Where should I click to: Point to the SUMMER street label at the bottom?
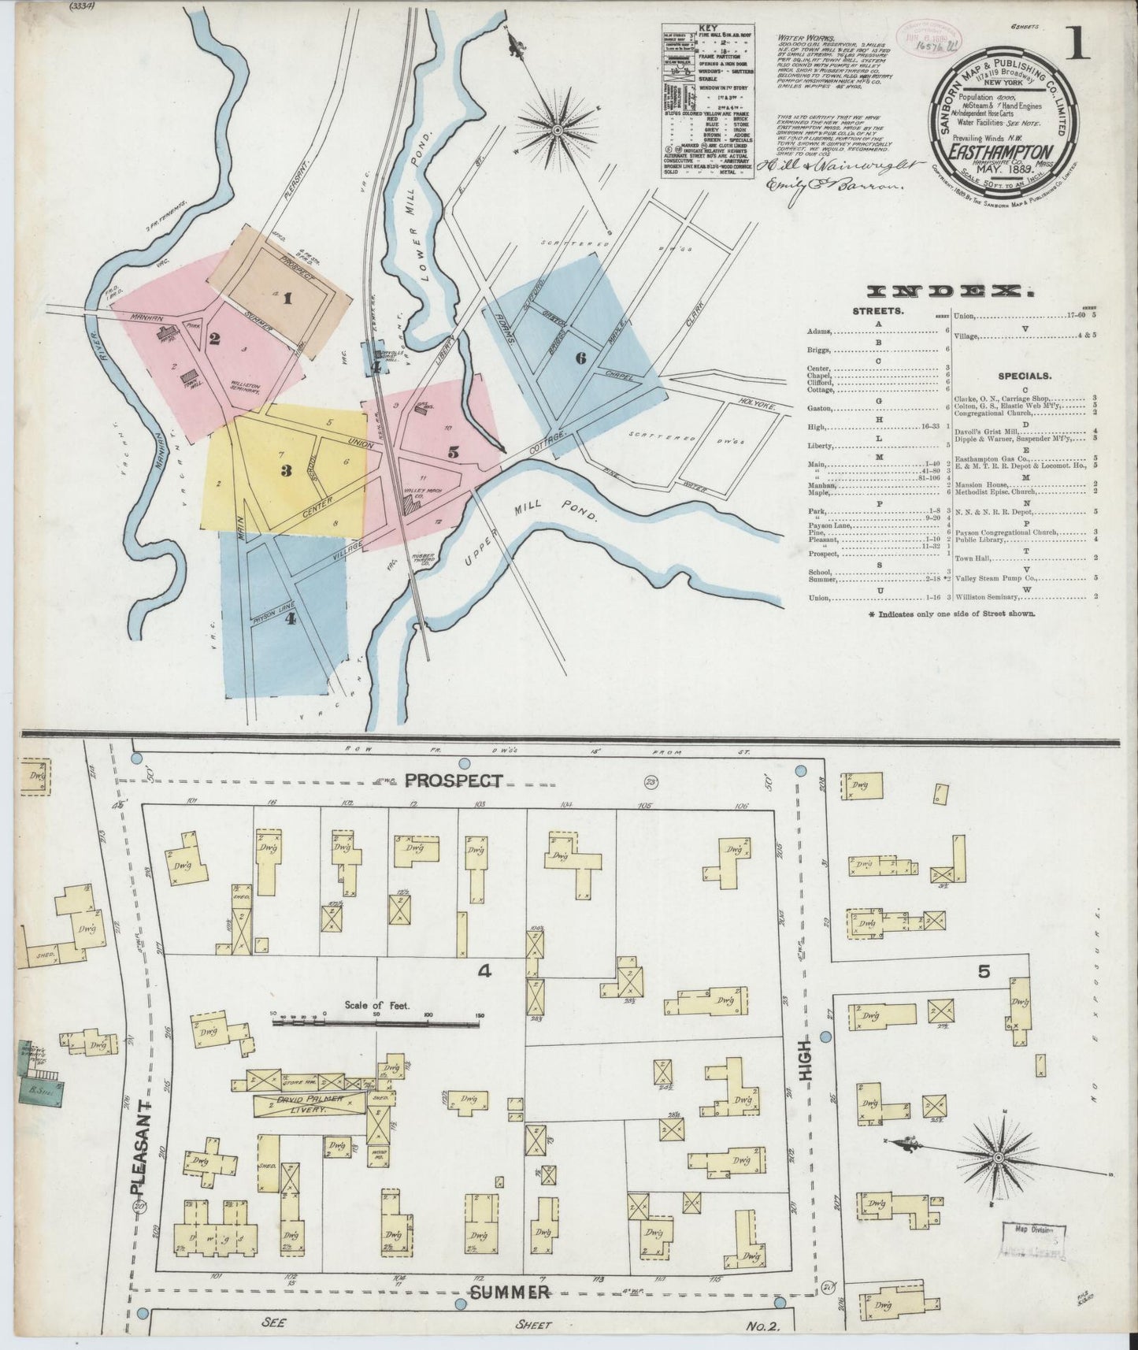click(510, 1292)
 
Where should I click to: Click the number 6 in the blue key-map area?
click(580, 358)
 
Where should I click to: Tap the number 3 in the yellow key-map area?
click(286, 471)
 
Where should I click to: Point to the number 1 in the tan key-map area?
click(287, 299)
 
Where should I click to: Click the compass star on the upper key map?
click(558, 128)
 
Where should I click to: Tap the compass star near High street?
click(998, 1157)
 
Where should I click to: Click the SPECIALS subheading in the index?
click(1024, 376)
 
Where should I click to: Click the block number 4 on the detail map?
click(484, 972)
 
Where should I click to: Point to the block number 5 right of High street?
click(984, 971)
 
